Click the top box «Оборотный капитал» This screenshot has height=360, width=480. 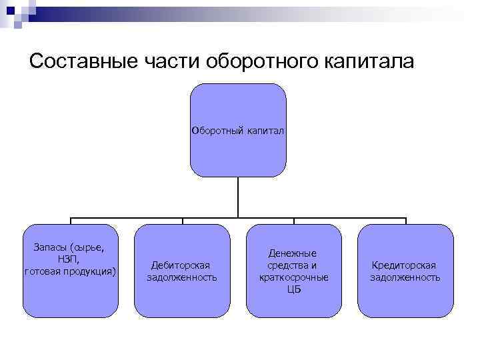point(238,130)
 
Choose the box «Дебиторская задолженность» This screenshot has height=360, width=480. point(182,271)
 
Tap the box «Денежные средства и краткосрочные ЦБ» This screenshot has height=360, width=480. point(293,271)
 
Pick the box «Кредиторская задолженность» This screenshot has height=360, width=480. point(405,271)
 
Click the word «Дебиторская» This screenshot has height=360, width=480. point(182,265)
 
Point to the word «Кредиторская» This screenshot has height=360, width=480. point(405,265)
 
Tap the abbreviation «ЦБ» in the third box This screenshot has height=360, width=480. point(293,289)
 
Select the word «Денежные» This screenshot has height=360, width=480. point(293,253)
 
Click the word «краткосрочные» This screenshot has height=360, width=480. point(293,277)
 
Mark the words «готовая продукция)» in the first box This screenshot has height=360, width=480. point(70,271)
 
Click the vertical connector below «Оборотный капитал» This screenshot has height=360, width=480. point(238,197)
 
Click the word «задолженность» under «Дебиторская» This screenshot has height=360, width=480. point(182,277)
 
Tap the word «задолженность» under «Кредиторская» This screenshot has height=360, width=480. point(405,277)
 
